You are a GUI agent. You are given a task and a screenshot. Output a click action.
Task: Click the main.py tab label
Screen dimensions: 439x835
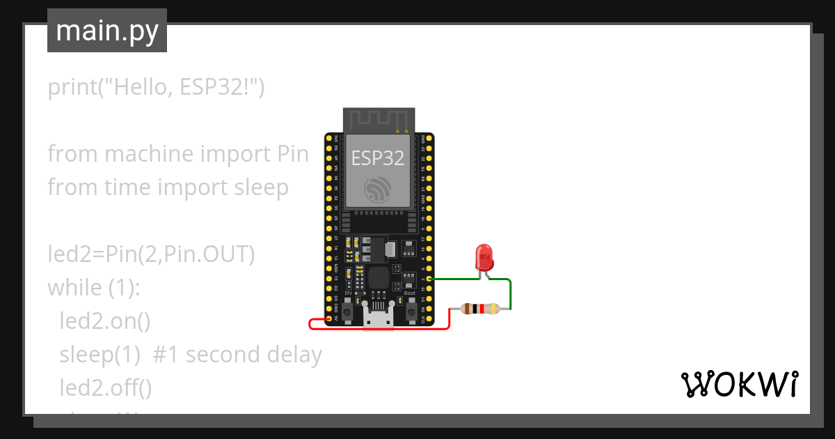pyautogui.click(x=106, y=31)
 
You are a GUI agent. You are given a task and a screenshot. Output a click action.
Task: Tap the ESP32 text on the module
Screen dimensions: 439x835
pyautogui.click(x=377, y=158)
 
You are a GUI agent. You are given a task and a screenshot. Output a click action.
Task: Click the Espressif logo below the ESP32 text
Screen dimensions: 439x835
pyautogui.click(x=377, y=190)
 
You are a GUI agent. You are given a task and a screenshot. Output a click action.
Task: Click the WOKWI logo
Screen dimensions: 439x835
pyautogui.click(x=739, y=384)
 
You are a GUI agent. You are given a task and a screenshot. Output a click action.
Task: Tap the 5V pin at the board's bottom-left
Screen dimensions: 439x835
pyautogui.click(x=328, y=318)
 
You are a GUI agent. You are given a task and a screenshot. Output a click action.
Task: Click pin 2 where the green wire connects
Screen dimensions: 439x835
pyautogui.click(x=429, y=279)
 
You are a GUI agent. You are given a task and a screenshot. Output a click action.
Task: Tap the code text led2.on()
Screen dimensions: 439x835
pyautogui.click(x=104, y=321)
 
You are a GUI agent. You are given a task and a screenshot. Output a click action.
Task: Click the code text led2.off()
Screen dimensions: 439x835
pyautogui.click(x=105, y=387)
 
